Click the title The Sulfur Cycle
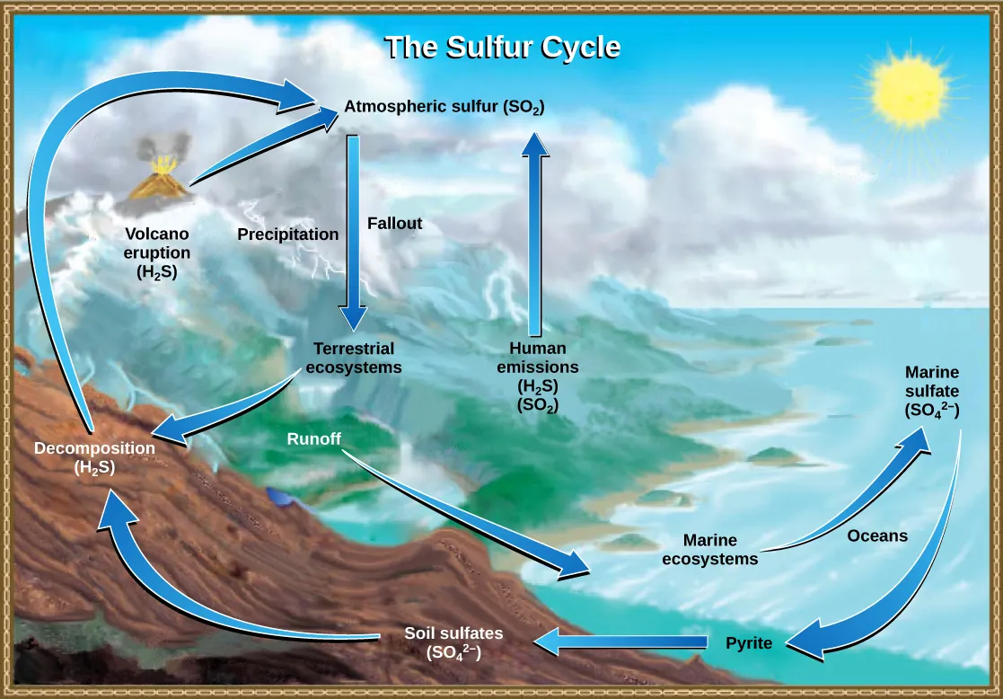(x=502, y=48)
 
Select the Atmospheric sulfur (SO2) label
(x=444, y=108)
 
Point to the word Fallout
(x=394, y=224)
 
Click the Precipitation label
(x=287, y=234)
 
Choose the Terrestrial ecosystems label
(x=354, y=358)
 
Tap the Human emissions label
(x=543, y=376)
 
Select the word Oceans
(x=877, y=536)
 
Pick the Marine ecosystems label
(x=710, y=550)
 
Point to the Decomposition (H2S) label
(x=94, y=457)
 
